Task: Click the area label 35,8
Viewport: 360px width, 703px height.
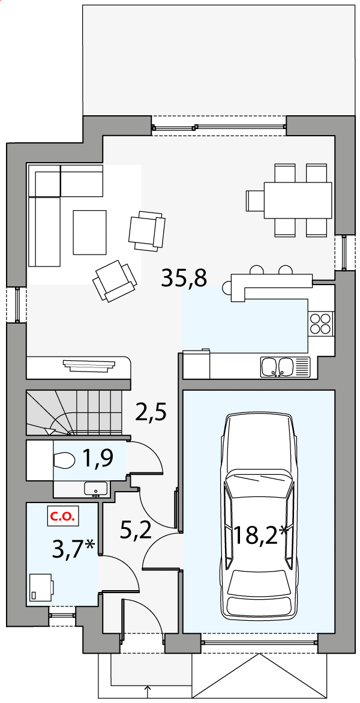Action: click(x=184, y=279)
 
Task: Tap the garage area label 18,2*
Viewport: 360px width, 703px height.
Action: click(x=260, y=534)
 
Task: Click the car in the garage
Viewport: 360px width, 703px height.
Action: click(x=259, y=516)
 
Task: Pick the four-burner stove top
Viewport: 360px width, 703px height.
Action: click(x=321, y=323)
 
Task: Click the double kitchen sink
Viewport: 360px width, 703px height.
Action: click(x=285, y=367)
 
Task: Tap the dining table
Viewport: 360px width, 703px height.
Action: click(x=298, y=200)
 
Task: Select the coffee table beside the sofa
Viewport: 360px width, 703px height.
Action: click(x=90, y=232)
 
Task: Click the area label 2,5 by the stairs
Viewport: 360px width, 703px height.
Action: click(x=152, y=412)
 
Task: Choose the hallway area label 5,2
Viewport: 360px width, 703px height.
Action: click(x=136, y=530)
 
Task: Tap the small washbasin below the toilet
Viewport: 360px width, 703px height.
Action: click(x=95, y=489)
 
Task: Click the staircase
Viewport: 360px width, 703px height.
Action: click(x=74, y=412)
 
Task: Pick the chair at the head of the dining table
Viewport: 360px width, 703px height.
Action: click(x=255, y=200)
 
